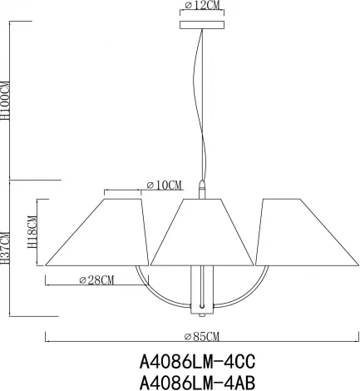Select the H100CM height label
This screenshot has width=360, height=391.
pyautogui.click(x=6, y=101)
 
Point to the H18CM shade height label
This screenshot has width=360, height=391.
pyautogui.click(x=32, y=232)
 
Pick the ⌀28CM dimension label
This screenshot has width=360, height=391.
pyautogui.click(x=96, y=280)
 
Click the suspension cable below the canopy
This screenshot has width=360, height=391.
pyautogui.click(x=202, y=100)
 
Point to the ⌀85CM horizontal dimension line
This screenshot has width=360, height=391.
pyautogui.click(x=125, y=341)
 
